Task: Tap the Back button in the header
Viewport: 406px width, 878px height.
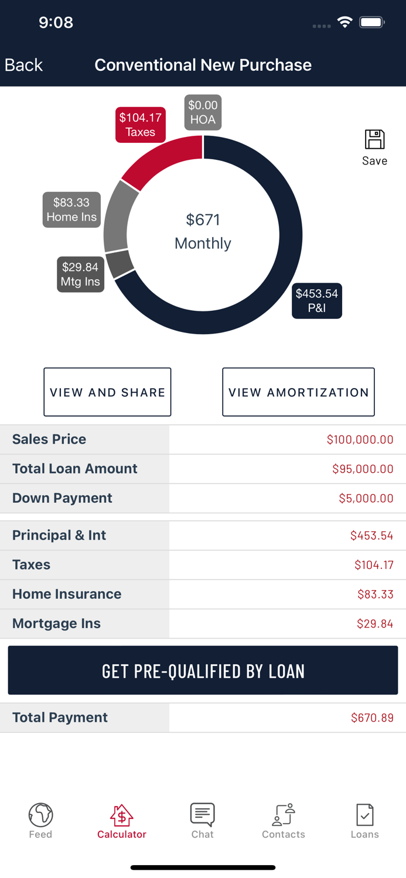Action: click(x=23, y=65)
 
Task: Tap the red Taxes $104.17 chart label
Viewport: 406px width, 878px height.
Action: click(x=141, y=125)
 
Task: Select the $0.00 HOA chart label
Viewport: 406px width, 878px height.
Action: click(x=203, y=112)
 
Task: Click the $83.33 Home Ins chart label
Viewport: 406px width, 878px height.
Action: click(x=71, y=210)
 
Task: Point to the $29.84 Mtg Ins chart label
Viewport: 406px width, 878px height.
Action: click(x=80, y=275)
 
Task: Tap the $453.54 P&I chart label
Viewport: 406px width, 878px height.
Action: click(x=316, y=301)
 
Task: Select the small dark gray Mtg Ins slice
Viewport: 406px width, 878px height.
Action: click(x=120, y=264)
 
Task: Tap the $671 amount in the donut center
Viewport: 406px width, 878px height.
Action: click(x=203, y=220)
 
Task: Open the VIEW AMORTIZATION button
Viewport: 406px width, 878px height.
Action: click(x=298, y=392)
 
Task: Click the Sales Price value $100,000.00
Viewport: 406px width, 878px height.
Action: click(x=360, y=440)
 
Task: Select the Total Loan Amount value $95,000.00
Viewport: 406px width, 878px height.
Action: click(x=362, y=469)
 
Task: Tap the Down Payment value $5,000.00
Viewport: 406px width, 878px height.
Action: click(x=366, y=498)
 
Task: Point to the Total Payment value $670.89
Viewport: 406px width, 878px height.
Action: click(x=372, y=718)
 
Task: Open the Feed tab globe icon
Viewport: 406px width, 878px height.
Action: click(x=40, y=814)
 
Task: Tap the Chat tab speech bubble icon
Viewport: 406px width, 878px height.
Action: click(x=202, y=814)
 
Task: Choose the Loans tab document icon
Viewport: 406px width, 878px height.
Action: click(x=364, y=814)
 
